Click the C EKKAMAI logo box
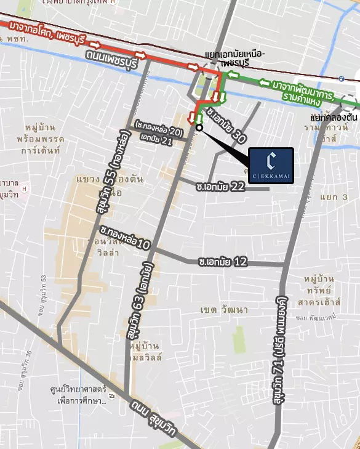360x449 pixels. [x=271, y=165]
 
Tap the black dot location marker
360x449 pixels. [x=199, y=127]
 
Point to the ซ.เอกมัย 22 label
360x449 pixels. [x=220, y=186]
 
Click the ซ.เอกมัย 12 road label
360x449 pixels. [x=223, y=262]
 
